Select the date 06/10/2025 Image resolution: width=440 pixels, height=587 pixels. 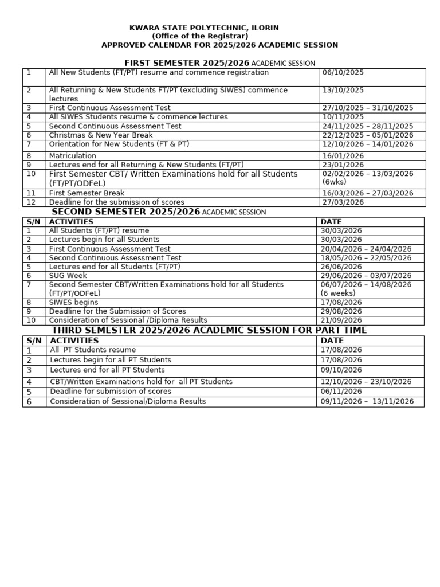343,73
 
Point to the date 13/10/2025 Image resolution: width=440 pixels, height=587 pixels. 343,91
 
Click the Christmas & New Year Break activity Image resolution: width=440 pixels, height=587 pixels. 101,135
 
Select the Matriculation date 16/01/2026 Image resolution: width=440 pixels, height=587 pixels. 343,156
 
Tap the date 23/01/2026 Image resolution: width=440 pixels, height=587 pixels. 343,165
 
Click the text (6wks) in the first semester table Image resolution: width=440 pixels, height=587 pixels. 333,183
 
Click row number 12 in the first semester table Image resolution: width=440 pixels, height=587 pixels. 31,202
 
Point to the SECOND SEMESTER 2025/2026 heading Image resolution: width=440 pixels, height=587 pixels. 126,212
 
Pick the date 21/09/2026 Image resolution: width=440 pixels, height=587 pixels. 341,320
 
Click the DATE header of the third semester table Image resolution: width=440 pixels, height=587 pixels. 332,341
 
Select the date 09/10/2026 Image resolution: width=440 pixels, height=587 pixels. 341,370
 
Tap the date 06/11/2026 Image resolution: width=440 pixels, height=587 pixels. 341,392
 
